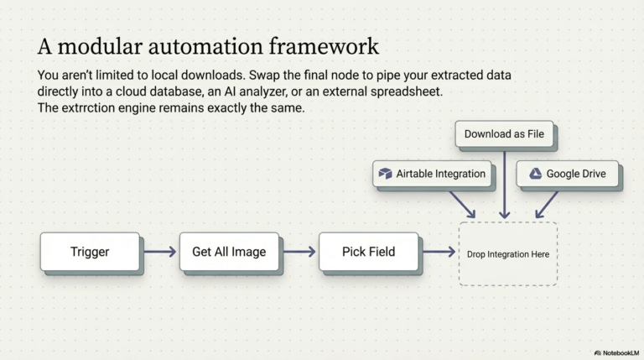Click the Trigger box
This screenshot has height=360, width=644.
pyautogui.click(x=90, y=252)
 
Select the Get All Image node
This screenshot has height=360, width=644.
pyautogui.click(x=229, y=252)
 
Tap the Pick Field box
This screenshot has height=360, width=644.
pyautogui.click(x=368, y=252)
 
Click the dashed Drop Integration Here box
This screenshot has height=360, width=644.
pyautogui.click(x=508, y=254)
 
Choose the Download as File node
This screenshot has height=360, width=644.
pyautogui.click(x=504, y=134)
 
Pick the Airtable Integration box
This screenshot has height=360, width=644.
pyautogui.click(x=432, y=174)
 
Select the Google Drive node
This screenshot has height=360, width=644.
pyautogui.click(x=567, y=174)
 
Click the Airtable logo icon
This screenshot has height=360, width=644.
pyautogui.click(x=385, y=174)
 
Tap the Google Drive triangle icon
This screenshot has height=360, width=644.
pyautogui.click(x=535, y=174)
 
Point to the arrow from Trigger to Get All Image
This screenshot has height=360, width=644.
pyautogui.click(x=160, y=252)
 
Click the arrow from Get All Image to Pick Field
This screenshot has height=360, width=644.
pyautogui.click(x=299, y=252)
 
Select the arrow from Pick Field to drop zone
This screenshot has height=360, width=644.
pyautogui.click(x=439, y=252)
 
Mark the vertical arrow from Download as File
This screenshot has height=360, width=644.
pyautogui.click(x=504, y=185)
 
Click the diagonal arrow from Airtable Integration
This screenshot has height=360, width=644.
pyautogui.click(x=463, y=204)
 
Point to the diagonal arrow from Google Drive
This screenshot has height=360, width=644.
pyautogui.click(x=547, y=204)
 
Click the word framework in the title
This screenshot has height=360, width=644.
pyautogui.click(x=324, y=46)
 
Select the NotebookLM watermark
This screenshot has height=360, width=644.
pyautogui.click(x=617, y=353)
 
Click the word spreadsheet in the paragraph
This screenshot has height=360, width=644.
pyautogui.click(x=406, y=91)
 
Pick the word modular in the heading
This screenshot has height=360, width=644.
pyautogui.click(x=101, y=46)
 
